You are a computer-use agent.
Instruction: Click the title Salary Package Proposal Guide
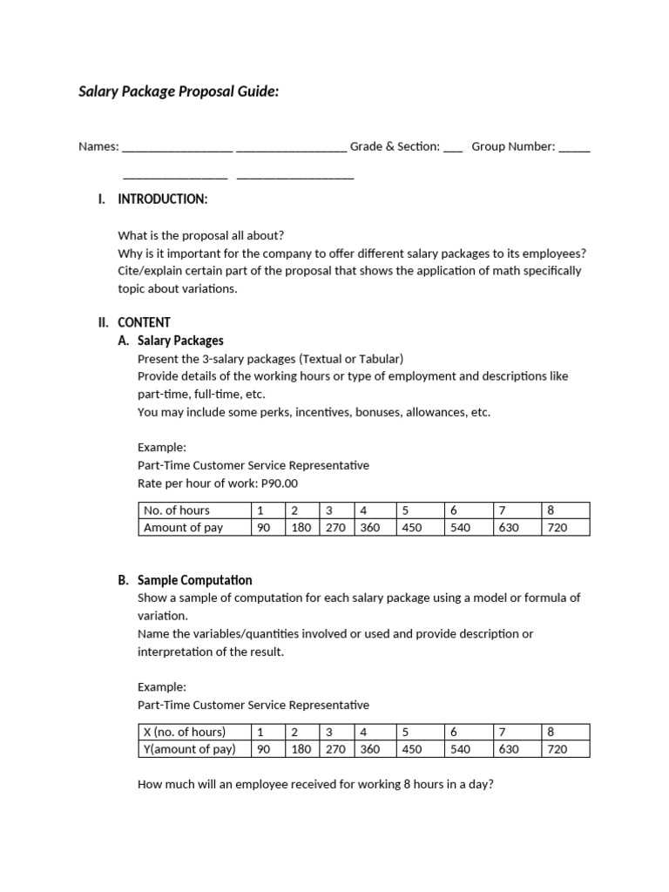click(179, 91)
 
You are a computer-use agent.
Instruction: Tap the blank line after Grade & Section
click(453, 148)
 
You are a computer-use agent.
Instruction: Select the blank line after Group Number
click(574, 148)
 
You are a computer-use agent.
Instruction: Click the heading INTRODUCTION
click(162, 199)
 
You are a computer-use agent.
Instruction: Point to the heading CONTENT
click(144, 322)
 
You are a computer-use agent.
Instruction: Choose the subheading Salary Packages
click(180, 341)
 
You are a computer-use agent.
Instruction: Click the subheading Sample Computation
click(195, 580)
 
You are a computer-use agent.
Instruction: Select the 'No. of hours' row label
click(177, 510)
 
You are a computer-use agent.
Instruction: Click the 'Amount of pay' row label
click(183, 527)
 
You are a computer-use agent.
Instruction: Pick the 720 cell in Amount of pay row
click(556, 527)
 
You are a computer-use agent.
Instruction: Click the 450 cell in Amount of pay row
click(412, 527)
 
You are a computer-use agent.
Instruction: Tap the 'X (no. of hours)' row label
click(185, 732)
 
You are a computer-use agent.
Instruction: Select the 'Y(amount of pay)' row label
click(188, 748)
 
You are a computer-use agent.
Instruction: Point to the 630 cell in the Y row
click(508, 748)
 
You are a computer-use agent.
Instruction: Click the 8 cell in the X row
click(551, 732)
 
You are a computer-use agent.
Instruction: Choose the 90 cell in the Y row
click(264, 748)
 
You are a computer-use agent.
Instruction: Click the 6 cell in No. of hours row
click(454, 510)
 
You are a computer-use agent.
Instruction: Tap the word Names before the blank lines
click(98, 147)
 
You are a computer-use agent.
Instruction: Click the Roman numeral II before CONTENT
click(103, 322)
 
